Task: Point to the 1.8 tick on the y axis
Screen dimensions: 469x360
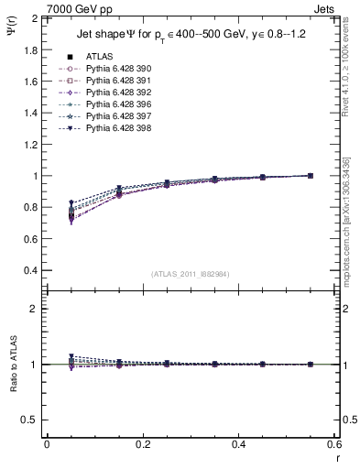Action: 31,49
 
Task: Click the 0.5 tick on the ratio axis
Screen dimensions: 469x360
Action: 31,420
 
